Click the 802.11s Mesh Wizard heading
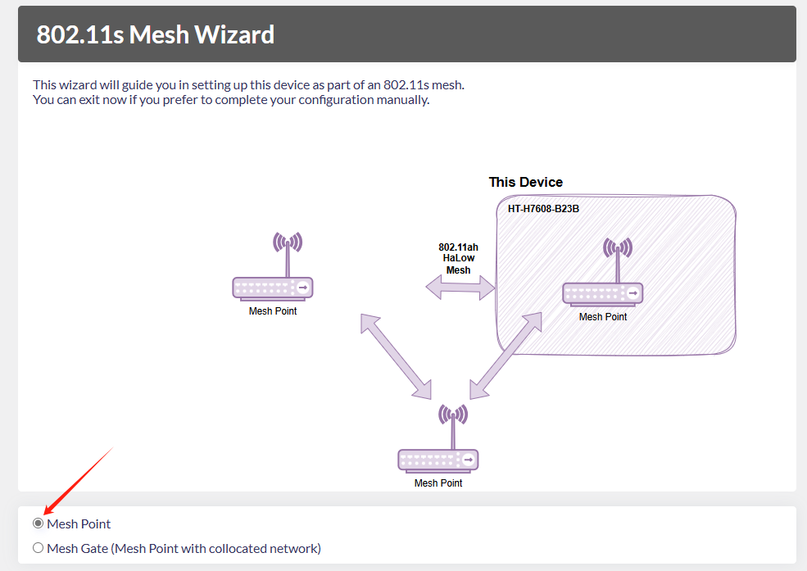(156, 34)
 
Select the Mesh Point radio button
(38, 523)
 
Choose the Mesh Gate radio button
(38, 548)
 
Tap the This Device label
(526, 182)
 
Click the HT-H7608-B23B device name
(543, 209)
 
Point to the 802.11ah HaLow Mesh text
(458, 258)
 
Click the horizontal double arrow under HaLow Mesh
(460, 287)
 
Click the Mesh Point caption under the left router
(273, 311)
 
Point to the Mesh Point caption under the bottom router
(438, 483)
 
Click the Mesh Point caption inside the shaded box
(603, 317)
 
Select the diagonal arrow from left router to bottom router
(396, 356)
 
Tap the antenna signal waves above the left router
(288, 242)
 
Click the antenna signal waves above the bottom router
(453, 414)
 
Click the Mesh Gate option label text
(184, 548)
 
